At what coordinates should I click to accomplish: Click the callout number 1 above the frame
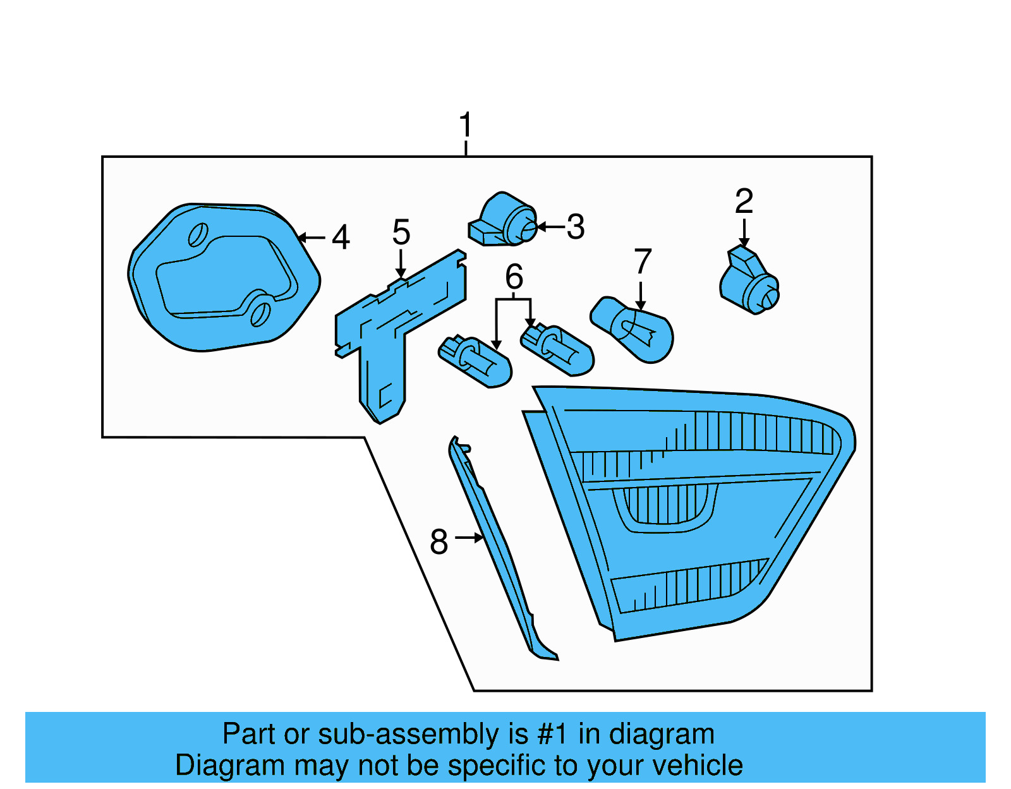click(465, 124)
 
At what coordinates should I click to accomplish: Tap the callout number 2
click(744, 201)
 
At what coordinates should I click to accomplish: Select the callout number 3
click(576, 227)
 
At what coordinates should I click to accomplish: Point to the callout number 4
click(341, 237)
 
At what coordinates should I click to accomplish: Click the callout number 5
click(401, 232)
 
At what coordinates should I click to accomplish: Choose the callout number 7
click(643, 261)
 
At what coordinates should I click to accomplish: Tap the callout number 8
click(439, 541)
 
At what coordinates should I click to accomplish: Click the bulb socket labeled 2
click(749, 281)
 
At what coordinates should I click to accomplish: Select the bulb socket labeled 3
click(503, 219)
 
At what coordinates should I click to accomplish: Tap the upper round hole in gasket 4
click(198, 234)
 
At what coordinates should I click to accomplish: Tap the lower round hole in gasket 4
click(260, 314)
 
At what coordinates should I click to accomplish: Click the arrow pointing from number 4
click(311, 238)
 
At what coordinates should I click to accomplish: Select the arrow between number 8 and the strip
click(469, 538)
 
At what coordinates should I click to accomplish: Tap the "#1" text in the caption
click(553, 733)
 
